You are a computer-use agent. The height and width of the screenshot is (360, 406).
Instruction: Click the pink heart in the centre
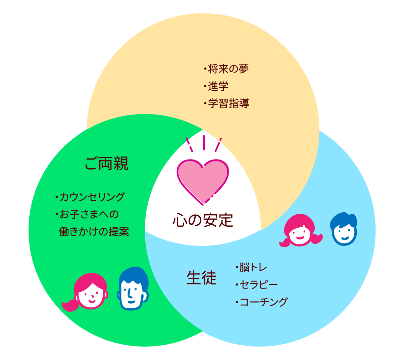(203, 180)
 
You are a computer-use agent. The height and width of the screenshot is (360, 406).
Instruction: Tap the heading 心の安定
(203, 220)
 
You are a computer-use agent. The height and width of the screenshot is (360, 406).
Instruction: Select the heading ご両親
(106, 164)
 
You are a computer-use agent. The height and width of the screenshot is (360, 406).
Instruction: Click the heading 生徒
(201, 278)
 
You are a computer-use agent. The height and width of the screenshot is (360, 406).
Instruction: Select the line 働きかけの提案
(94, 232)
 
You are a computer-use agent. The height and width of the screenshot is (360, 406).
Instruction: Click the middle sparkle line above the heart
(203, 142)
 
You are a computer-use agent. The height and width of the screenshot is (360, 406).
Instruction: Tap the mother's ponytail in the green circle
(70, 305)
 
